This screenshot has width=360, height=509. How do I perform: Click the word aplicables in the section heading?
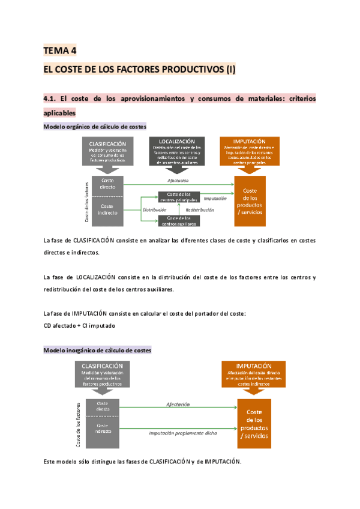[60, 112]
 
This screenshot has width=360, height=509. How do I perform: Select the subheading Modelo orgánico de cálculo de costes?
[95, 127]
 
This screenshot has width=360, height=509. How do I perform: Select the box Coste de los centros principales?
[179, 196]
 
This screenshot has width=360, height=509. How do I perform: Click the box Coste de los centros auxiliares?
[179, 220]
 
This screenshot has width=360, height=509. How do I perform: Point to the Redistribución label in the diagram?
[200, 210]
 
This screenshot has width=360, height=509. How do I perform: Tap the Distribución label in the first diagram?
[154, 210]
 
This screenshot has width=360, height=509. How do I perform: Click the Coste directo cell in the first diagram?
[108, 184]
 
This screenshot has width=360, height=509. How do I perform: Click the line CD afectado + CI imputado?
[79, 325]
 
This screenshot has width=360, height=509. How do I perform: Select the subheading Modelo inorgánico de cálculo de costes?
[98, 349]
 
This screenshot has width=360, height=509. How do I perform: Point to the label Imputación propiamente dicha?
[183, 432]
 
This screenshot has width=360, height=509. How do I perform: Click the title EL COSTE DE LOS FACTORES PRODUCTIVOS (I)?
[140, 70]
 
